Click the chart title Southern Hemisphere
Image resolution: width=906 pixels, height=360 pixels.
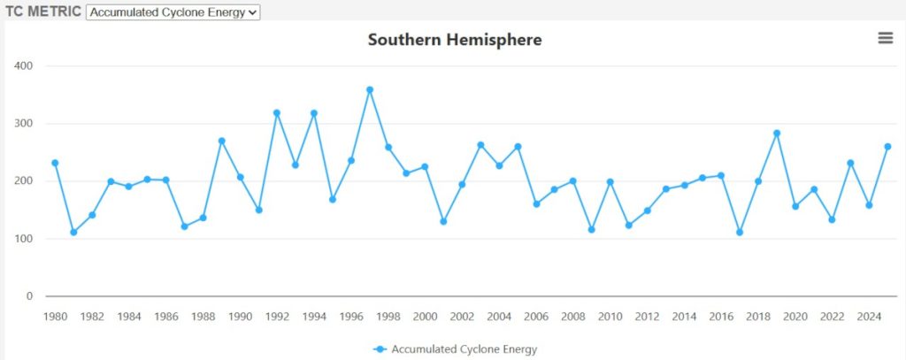455,40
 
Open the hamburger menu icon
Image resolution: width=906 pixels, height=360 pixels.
885,38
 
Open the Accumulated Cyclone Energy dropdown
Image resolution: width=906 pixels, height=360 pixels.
173,11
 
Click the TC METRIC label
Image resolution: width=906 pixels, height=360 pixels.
42,11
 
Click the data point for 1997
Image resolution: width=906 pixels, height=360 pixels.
370,89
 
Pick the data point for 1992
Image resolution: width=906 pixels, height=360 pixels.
277,113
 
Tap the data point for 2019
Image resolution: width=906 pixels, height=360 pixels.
777,134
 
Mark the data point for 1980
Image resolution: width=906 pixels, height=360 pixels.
55,163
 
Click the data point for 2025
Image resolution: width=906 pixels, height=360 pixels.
887,147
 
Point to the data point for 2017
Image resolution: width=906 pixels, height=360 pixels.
740,233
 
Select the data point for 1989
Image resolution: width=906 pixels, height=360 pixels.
221,141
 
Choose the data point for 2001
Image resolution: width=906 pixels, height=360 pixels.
443,221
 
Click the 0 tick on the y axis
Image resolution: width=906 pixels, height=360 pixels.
28,296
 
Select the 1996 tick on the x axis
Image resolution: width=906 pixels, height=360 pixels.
351,317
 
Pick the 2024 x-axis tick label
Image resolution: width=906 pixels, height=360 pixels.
869,317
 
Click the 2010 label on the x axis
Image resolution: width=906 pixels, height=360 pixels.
610,317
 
